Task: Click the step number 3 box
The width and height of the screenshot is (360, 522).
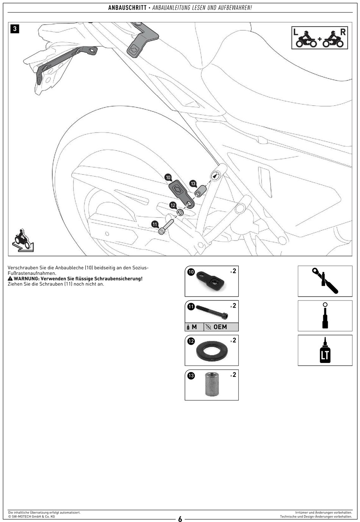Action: pyautogui.click(x=14, y=29)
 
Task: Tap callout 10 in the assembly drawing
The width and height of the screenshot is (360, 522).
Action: pyautogui.click(x=168, y=177)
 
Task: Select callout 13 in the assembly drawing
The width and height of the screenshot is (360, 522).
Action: pyautogui.click(x=193, y=183)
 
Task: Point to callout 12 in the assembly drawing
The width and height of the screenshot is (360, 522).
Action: pyautogui.click(x=173, y=205)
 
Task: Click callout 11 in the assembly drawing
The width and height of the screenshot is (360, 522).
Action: pyautogui.click(x=155, y=224)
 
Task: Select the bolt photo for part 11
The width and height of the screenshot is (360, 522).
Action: pyautogui.click(x=212, y=312)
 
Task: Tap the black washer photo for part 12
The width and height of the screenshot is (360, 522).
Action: pyautogui.click(x=211, y=351)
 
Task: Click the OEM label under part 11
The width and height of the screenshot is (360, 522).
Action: pyautogui.click(x=220, y=327)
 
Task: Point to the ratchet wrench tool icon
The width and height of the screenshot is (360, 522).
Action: pyautogui.click(x=325, y=281)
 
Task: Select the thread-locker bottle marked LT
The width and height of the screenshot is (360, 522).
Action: pyautogui.click(x=325, y=350)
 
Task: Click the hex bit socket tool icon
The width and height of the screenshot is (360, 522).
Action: pyautogui.click(x=325, y=316)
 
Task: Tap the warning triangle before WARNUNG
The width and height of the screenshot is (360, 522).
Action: pyautogui.click(x=10, y=279)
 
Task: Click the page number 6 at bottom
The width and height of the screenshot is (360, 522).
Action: pyautogui.click(x=180, y=519)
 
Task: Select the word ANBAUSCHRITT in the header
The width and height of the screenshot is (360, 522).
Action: pyautogui.click(x=127, y=8)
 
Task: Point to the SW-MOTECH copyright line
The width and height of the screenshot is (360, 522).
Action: pyautogui.click(x=31, y=516)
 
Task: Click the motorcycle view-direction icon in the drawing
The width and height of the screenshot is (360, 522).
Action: pyautogui.click(x=22, y=240)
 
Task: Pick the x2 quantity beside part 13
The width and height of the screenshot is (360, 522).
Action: pyautogui.click(x=233, y=375)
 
